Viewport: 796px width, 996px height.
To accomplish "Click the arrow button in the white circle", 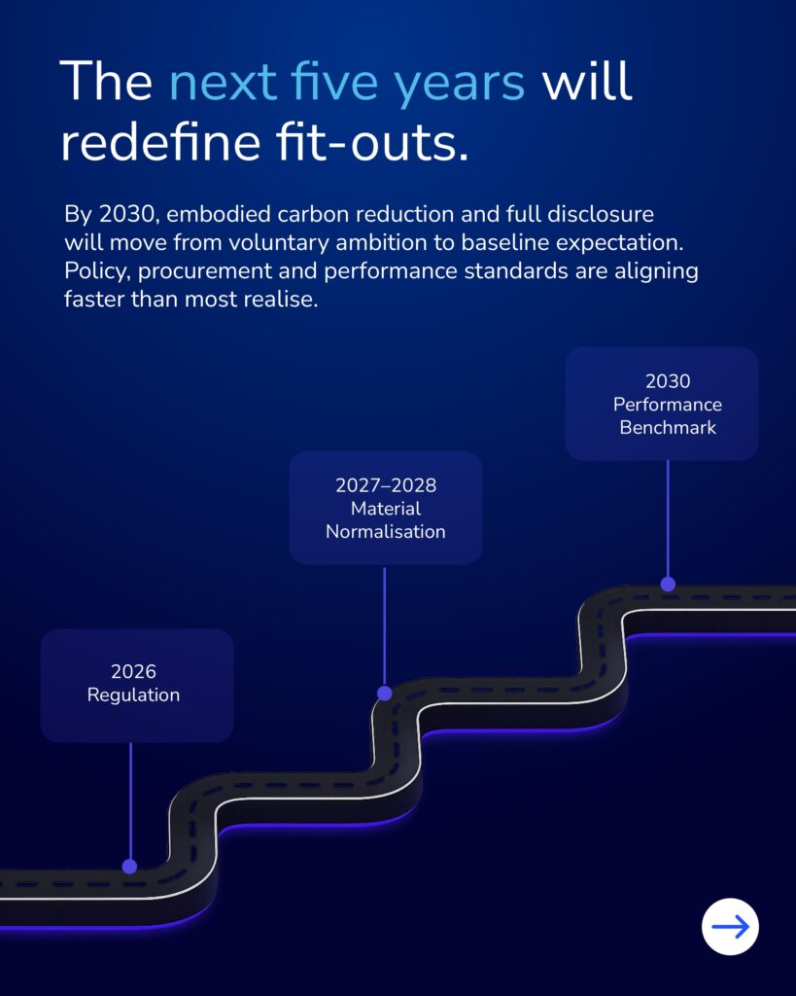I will [x=730, y=926].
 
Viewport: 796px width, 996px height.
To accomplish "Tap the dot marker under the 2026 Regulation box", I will [x=129, y=866].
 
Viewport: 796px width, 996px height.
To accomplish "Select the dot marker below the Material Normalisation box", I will [x=384, y=694].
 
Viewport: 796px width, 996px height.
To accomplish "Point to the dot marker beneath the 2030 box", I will [x=668, y=584].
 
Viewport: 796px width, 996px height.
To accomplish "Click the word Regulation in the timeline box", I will [x=133, y=695].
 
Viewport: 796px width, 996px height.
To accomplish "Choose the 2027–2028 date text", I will [x=386, y=485].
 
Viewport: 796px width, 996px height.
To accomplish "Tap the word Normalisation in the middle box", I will [x=386, y=532].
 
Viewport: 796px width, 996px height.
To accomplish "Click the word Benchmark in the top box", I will [x=668, y=428].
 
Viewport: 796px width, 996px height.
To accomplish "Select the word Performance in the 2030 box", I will [x=668, y=405].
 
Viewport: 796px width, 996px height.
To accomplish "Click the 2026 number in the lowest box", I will [x=133, y=672].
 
